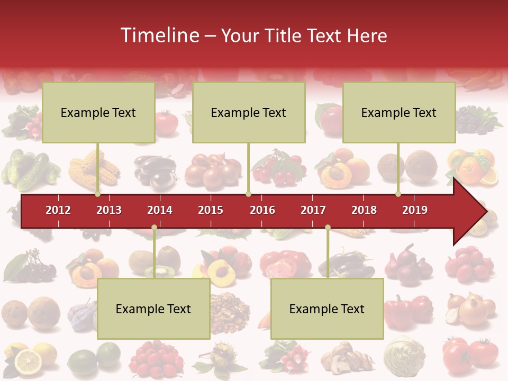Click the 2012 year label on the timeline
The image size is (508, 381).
click(x=58, y=210)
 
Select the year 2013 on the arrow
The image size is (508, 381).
click(x=109, y=210)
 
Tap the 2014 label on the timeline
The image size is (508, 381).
click(x=160, y=210)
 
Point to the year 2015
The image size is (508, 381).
click(x=211, y=210)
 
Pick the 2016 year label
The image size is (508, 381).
click(x=262, y=210)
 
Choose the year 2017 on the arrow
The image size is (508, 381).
click(x=313, y=210)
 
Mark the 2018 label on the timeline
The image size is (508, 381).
click(x=364, y=210)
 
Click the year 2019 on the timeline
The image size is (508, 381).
click(x=415, y=210)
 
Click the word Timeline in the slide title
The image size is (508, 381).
click(x=159, y=35)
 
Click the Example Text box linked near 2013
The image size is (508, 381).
click(x=98, y=112)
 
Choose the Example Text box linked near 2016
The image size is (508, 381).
click(x=249, y=112)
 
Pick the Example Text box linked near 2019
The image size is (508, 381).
click(x=399, y=112)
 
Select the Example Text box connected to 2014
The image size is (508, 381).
click(x=153, y=309)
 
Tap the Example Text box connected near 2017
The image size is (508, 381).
click(x=327, y=309)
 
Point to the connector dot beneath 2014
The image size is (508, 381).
click(x=154, y=228)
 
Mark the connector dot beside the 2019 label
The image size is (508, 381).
click(x=398, y=194)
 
